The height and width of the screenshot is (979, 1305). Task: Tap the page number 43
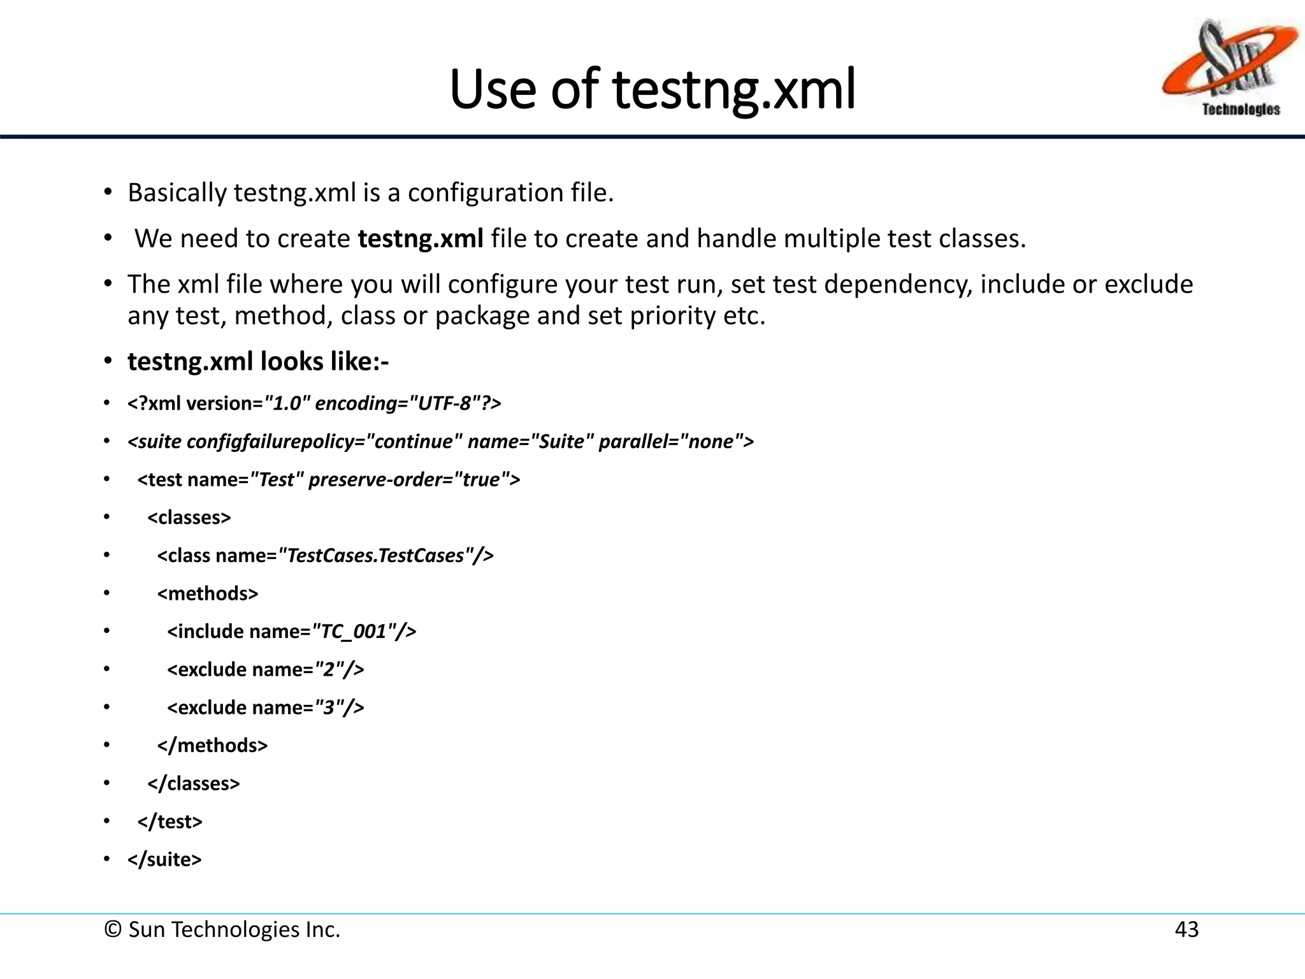pos(1186,929)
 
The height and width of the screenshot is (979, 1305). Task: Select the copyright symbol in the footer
pos(113,929)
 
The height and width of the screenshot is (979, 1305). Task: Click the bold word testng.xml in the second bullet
pos(421,238)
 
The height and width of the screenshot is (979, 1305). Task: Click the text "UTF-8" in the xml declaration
pos(445,403)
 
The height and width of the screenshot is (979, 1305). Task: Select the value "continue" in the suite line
pos(414,442)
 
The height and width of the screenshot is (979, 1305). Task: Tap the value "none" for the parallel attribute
pos(711,442)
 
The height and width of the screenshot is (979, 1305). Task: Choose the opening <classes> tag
pos(189,518)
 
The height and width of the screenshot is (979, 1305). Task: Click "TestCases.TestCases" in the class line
pos(376,556)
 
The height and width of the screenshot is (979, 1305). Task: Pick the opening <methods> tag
pos(208,593)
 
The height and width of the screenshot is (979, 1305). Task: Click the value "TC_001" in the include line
pos(352,632)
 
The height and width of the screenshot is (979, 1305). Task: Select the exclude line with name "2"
pos(266,669)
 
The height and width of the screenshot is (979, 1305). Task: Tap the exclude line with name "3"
pos(266,707)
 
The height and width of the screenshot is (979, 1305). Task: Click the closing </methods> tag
pos(212,745)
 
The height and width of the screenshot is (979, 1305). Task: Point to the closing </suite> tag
pos(164,859)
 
